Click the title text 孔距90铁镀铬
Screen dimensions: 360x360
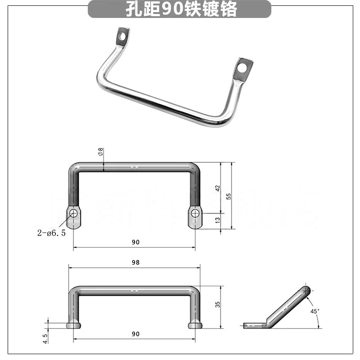pyautogui.click(x=180, y=9)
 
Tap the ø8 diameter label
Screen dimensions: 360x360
pyautogui.click(x=100, y=152)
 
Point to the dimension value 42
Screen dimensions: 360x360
pyautogui.click(x=217, y=188)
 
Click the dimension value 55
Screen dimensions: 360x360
pyautogui.click(x=229, y=196)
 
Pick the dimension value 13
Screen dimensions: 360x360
pyautogui.click(x=217, y=220)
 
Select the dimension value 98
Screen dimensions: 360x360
pyautogui.click(x=135, y=262)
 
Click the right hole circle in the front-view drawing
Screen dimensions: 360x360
pyautogui.click(x=195, y=213)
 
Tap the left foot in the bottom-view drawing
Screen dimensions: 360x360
pyautogui.click(x=73, y=325)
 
